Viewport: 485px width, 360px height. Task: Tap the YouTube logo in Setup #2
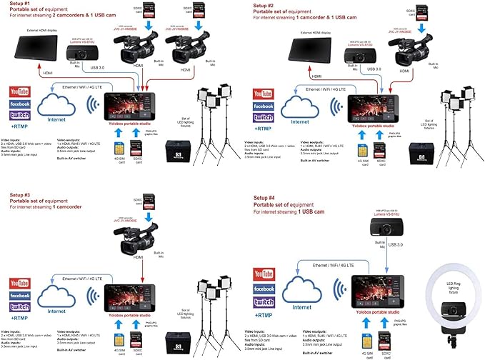coord(263,94)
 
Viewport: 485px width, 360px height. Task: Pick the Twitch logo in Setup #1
coord(20,116)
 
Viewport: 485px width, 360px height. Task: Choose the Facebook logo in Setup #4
coord(263,289)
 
